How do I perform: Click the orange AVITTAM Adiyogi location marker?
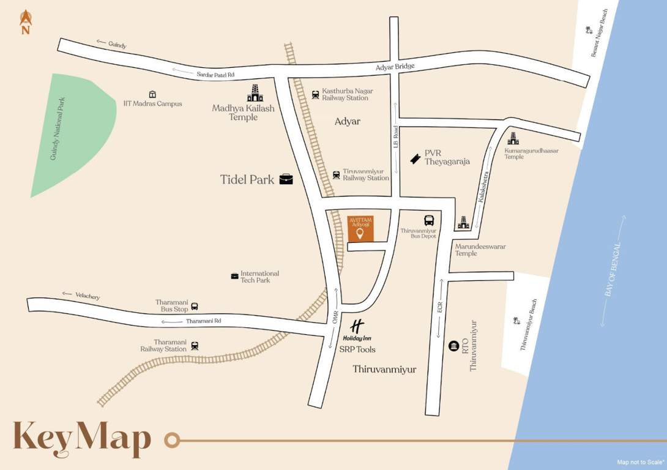(x=360, y=233)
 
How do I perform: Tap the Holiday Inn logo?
(x=357, y=326)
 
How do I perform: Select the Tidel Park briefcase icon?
(x=286, y=179)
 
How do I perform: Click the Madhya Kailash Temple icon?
(x=255, y=93)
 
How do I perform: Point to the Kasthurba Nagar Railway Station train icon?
(x=315, y=94)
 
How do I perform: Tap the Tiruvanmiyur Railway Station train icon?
(x=337, y=174)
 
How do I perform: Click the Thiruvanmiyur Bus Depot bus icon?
(x=429, y=220)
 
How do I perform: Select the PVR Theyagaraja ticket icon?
(x=415, y=158)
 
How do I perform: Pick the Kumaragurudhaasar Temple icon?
(x=513, y=139)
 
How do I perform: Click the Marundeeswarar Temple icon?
(x=463, y=223)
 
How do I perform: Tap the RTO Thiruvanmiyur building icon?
(x=453, y=346)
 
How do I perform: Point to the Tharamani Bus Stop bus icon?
(x=195, y=306)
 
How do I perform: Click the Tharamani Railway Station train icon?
(x=195, y=346)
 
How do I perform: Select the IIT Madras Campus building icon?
(x=152, y=94)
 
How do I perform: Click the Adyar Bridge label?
(x=396, y=66)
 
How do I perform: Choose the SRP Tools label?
(x=357, y=349)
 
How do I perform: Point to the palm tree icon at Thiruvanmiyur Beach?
(x=516, y=320)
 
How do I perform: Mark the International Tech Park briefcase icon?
(x=234, y=276)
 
